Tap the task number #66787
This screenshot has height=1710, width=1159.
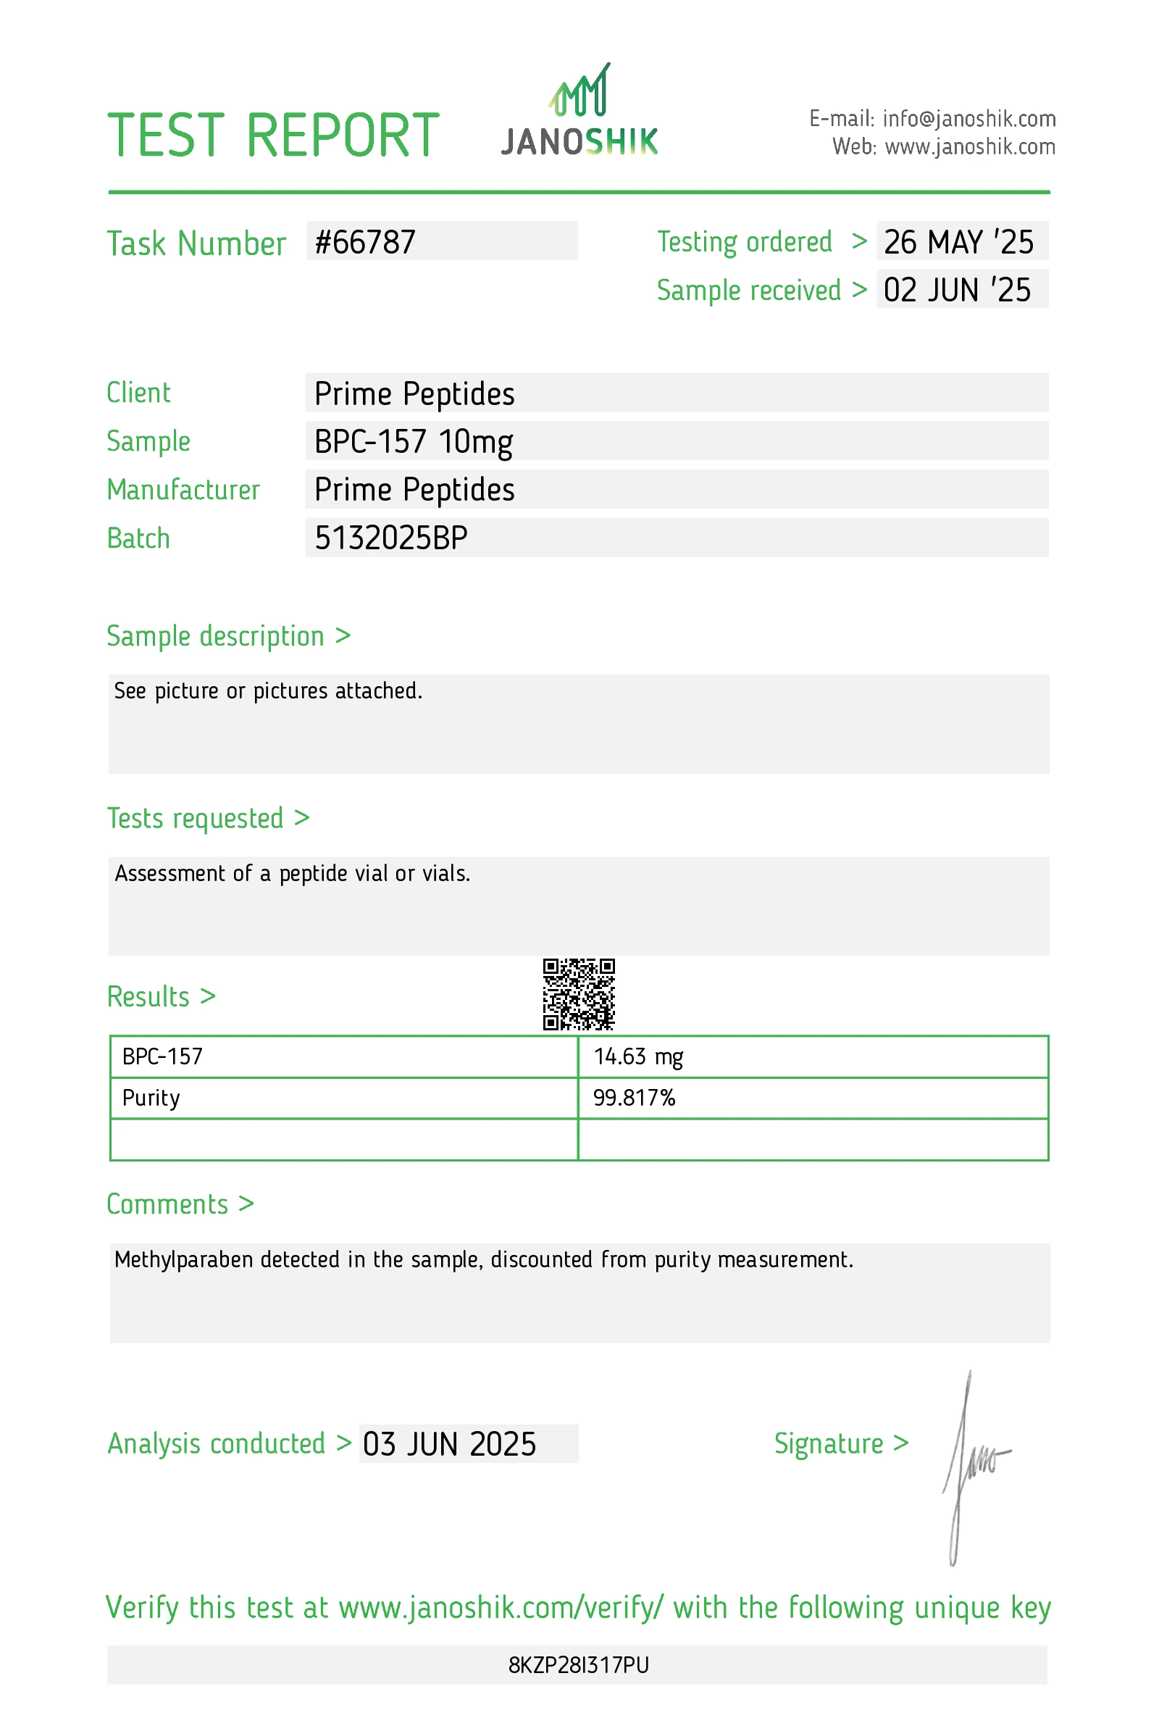pyautogui.click(x=366, y=242)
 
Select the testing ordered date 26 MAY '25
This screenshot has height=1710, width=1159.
pyautogui.click(x=958, y=242)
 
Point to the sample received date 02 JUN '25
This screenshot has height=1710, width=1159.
pyautogui.click(x=957, y=290)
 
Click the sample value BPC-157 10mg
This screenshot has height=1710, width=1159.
pyautogui.click(x=414, y=441)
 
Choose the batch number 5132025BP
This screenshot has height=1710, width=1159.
pyautogui.click(x=391, y=538)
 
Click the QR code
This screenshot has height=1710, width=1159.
pyautogui.click(x=579, y=994)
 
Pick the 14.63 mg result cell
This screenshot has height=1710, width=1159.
pyautogui.click(x=638, y=1056)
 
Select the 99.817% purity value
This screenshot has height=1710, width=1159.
pyautogui.click(x=634, y=1098)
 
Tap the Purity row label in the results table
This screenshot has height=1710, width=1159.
pyautogui.click(x=151, y=1098)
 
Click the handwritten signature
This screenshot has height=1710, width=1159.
pyautogui.click(x=971, y=1464)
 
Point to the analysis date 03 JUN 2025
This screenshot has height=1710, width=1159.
pyautogui.click(x=449, y=1444)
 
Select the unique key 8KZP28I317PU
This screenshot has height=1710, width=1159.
pyautogui.click(x=579, y=1665)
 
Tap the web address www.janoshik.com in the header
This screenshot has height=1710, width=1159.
pyautogui.click(x=969, y=147)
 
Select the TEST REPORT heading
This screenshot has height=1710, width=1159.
pyautogui.click(x=274, y=135)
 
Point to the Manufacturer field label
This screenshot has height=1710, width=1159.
pyautogui.click(x=183, y=490)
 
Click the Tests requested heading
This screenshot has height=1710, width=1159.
pyautogui.click(x=195, y=818)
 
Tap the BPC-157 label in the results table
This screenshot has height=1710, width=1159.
pyautogui.click(x=162, y=1056)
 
